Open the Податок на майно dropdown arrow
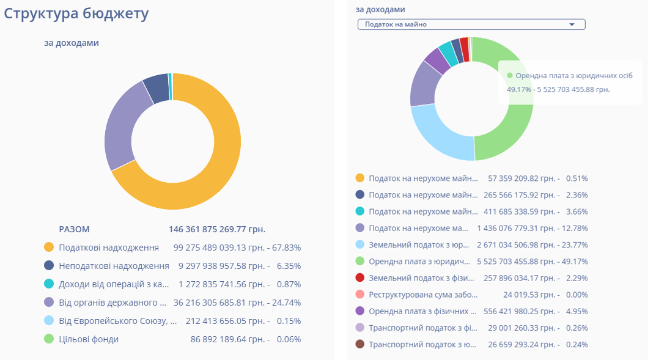pyautogui.click(x=572, y=24)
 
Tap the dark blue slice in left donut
pyautogui.click(x=157, y=88)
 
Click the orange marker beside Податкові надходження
pyautogui.click(x=50, y=248)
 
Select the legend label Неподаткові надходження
pyautogui.click(x=114, y=266)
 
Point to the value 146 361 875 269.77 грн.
pyautogui.click(x=217, y=229)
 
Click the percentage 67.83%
pyautogui.click(x=289, y=248)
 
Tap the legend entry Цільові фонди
pyautogui.click(x=89, y=339)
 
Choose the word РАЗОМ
pyautogui.click(x=74, y=229)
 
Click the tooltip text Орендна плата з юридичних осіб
pyautogui.click(x=574, y=76)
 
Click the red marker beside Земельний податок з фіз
pyautogui.click(x=360, y=278)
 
